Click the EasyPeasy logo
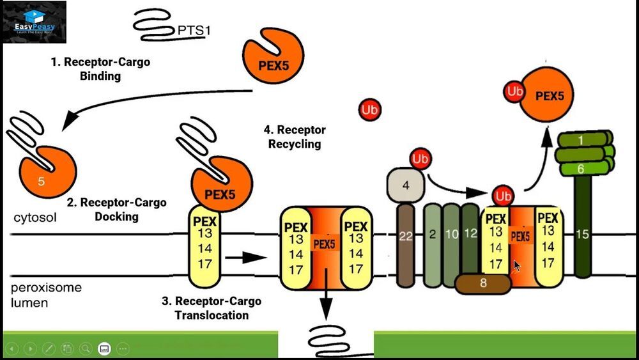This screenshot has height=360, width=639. [35, 22]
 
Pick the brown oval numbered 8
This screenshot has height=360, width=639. [484, 283]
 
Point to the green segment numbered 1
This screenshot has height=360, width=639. [581, 139]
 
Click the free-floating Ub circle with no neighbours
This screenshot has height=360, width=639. [369, 109]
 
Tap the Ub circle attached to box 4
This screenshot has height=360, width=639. [420, 159]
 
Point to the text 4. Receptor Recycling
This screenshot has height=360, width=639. [295, 137]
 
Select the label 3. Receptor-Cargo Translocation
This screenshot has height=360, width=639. [211, 308]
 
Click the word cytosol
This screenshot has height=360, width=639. [35, 217]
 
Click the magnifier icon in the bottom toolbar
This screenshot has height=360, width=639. [85, 348]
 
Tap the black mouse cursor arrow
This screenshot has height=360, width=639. [517, 265]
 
